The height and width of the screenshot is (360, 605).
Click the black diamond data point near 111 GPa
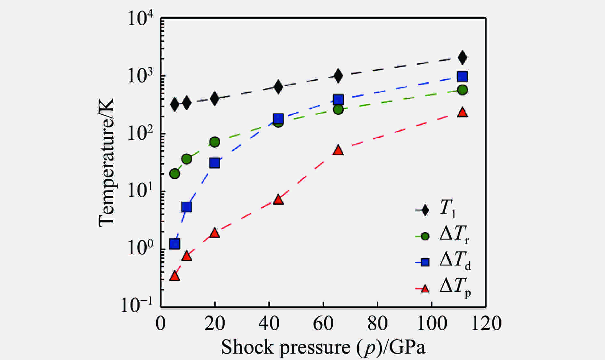tap(462, 58)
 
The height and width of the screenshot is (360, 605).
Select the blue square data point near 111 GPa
tap(462, 77)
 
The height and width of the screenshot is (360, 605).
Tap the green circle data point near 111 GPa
tap(462, 90)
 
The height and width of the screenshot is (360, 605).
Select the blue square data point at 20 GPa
tap(215, 163)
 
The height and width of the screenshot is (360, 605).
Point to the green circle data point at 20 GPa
tap(215, 142)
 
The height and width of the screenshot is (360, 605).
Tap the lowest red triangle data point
tap(174, 276)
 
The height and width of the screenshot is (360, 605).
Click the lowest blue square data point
tap(174, 244)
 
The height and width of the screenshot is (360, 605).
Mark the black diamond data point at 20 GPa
tap(215, 98)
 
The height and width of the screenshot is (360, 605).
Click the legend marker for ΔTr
tap(425, 236)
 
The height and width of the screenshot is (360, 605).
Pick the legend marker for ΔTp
tap(425, 289)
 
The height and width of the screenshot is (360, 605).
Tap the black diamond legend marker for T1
tap(425, 210)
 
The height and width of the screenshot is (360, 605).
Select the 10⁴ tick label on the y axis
tap(141, 19)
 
